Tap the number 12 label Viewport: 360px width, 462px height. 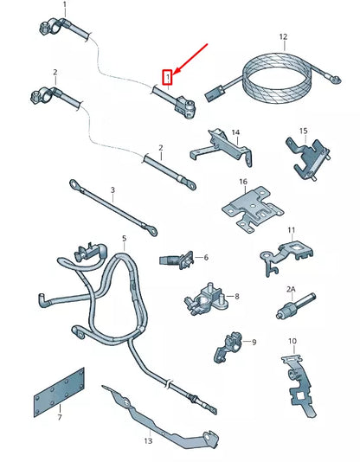pos(282,37)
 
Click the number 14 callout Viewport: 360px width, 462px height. pos(235,132)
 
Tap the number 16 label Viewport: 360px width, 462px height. pos(243,183)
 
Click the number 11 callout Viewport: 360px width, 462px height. pos(292,231)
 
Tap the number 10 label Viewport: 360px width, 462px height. pos(292,341)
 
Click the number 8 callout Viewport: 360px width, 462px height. pos(237,296)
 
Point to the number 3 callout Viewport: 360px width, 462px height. pos(112,189)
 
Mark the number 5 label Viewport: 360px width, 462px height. pos(124,238)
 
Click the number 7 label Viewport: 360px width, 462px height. pos(59,417)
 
